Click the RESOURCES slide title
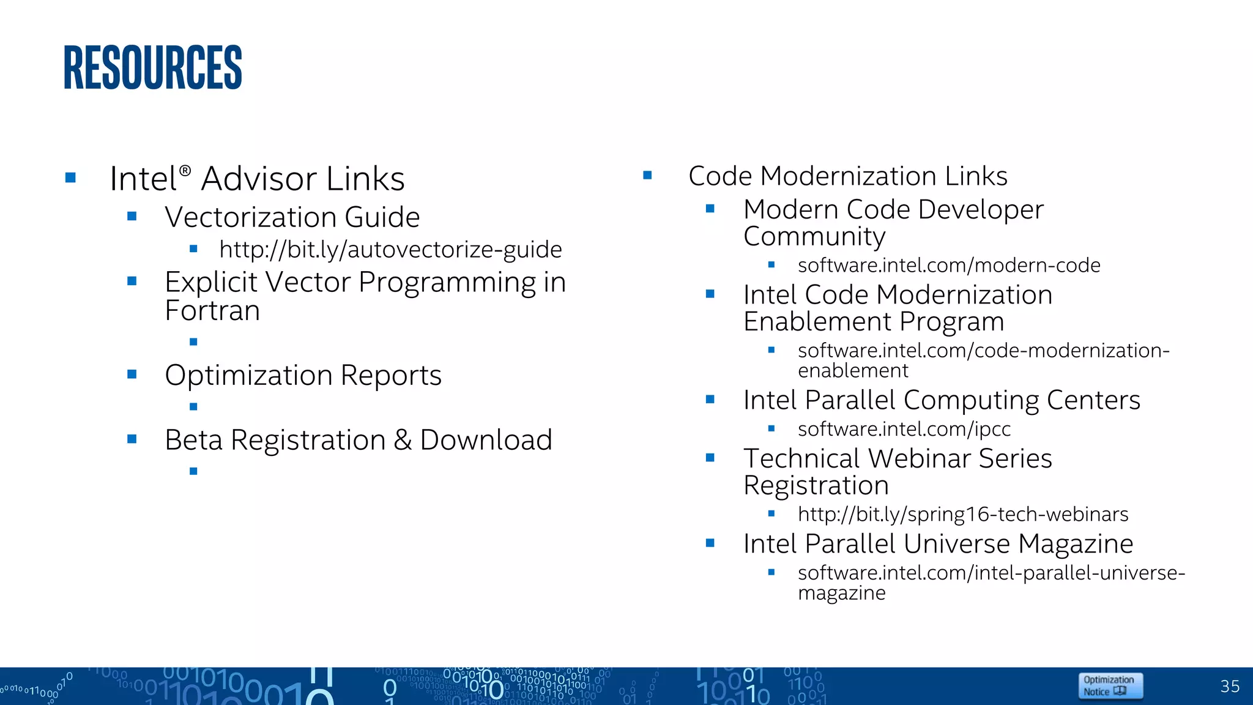coord(153,67)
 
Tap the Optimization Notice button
coord(1110,685)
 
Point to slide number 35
coord(1229,686)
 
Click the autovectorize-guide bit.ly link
coord(390,250)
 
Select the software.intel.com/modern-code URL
coord(948,266)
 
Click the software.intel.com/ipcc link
coord(904,429)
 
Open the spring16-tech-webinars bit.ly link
coord(962,514)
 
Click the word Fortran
coord(212,311)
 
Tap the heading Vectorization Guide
coord(292,217)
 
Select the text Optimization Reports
coord(303,375)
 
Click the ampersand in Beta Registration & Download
coord(403,440)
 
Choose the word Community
coord(814,237)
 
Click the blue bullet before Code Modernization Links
coord(647,176)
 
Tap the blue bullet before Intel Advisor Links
coord(70,177)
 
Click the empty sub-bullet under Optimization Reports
coord(193,406)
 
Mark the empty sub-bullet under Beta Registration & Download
coord(193,471)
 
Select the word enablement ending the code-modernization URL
coord(853,371)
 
